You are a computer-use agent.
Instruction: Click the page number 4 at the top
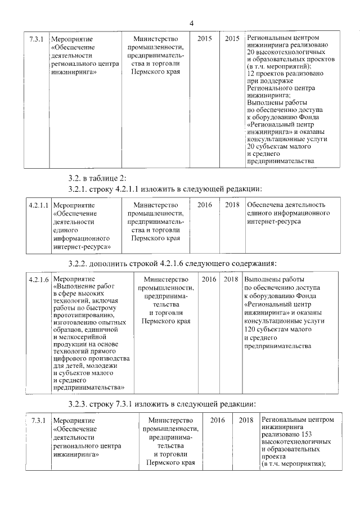(x=191, y=23)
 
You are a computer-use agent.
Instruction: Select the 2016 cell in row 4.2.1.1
(x=205, y=205)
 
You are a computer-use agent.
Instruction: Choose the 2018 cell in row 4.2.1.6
(x=231, y=280)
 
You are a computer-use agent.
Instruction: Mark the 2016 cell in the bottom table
(x=217, y=420)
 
